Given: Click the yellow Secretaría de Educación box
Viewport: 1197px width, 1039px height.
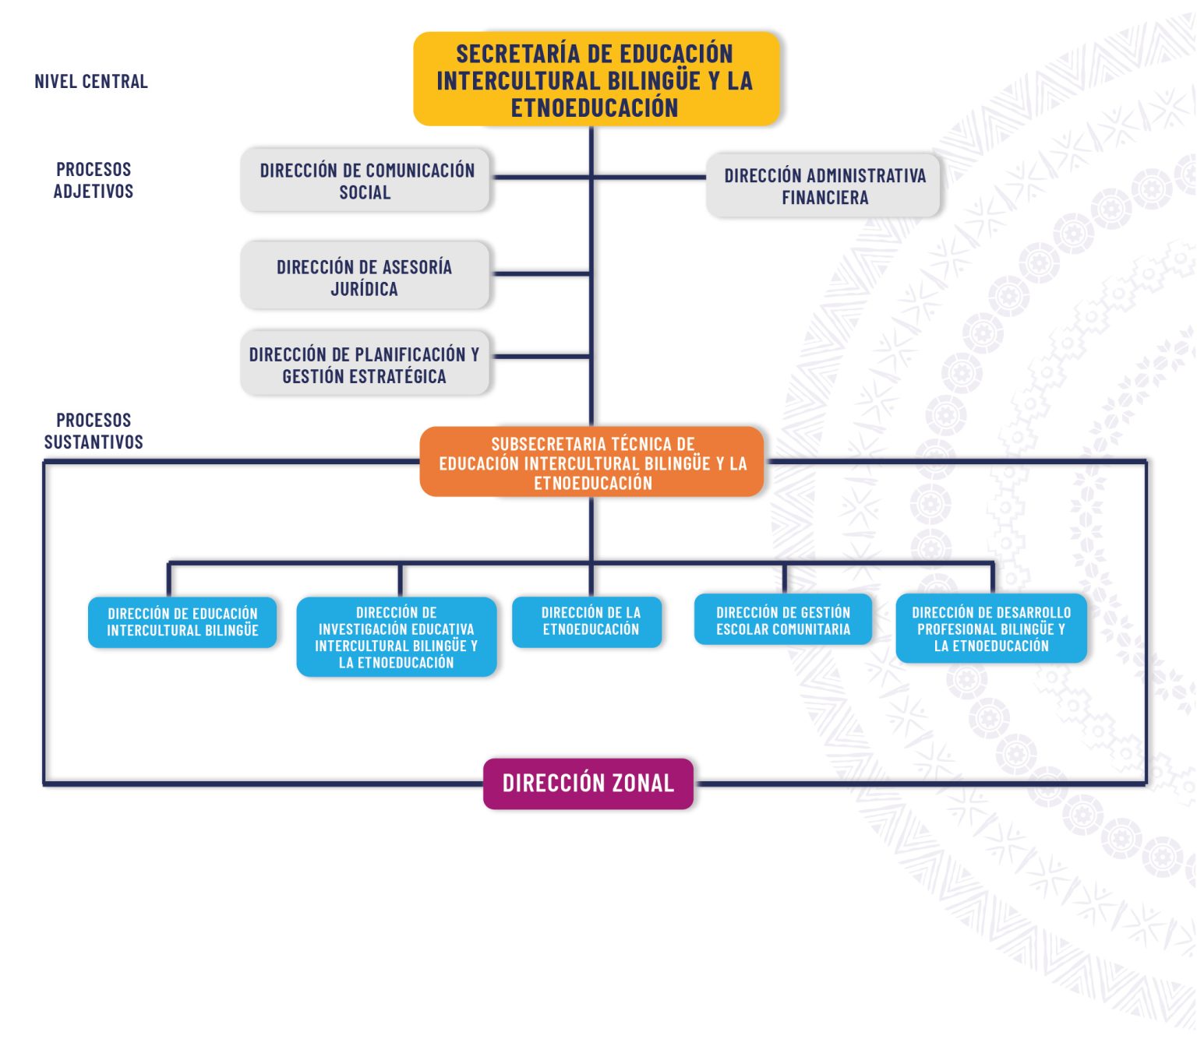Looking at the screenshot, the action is coord(596,79).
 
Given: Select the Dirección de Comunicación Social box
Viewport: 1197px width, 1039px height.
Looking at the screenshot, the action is coord(365,179).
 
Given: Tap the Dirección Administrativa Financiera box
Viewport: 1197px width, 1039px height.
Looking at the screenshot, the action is coord(823,185).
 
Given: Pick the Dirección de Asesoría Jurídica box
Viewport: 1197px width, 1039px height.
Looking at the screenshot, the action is coord(365,276).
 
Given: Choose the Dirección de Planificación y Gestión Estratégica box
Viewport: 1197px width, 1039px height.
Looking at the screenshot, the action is coord(365,363).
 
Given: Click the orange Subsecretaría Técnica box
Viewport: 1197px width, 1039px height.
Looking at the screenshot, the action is coord(591,462).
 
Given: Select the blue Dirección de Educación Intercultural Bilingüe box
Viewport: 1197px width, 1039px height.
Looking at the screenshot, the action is coord(182,622).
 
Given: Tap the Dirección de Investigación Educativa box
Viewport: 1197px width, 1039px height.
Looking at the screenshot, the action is coord(397,637).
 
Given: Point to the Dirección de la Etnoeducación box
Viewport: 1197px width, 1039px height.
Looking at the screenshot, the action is coord(587,622).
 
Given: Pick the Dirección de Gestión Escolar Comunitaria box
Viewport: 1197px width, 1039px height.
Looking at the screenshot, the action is coord(782,620).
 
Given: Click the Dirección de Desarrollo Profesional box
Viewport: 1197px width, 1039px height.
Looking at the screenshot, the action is coord(991,629).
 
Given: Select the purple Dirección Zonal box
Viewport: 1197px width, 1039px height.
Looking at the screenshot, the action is coord(588,784).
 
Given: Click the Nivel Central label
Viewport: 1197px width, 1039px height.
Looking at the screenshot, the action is coord(91,81).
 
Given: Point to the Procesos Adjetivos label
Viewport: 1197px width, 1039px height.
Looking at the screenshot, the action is coord(94,180).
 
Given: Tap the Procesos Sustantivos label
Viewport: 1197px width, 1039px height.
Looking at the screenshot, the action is coord(94,431).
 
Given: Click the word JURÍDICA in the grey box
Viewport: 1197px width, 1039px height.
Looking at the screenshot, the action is coord(364,289).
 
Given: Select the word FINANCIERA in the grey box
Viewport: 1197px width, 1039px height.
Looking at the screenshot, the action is coord(825,198).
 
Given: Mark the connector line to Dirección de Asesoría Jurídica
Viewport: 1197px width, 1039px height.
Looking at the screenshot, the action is coord(541,273).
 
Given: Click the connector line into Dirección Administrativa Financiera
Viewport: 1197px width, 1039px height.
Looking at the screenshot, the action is coord(649,177).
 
